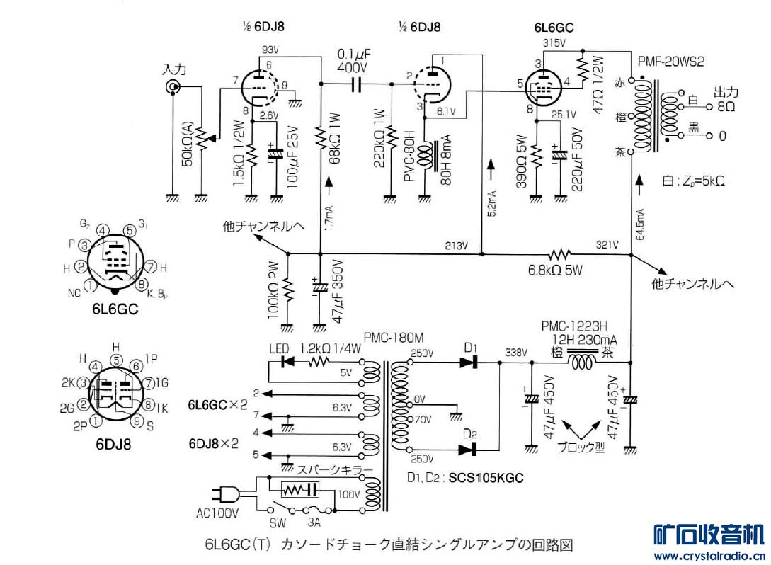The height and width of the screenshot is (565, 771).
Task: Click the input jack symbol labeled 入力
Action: [x=171, y=87]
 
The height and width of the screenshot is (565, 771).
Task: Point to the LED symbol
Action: [x=287, y=361]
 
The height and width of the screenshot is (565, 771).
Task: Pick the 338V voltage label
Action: [x=516, y=352]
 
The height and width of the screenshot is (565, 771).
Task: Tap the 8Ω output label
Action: [x=726, y=107]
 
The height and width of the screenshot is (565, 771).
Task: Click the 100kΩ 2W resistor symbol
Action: [x=287, y=290]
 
